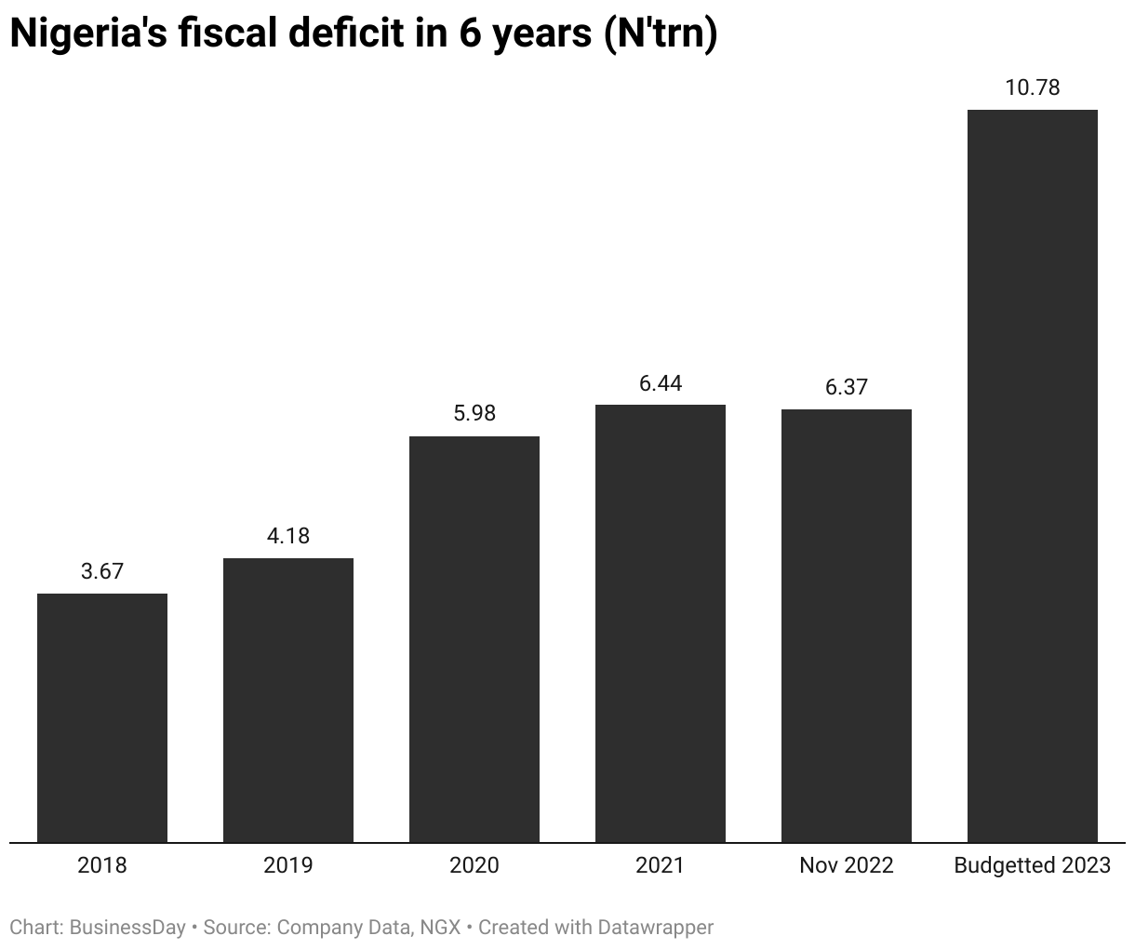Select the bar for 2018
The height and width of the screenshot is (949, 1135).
[102, 717]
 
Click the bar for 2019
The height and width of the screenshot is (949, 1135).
[288, 700]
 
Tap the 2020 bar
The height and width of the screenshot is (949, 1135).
[474, 639]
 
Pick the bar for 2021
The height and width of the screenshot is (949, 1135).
[661, 623]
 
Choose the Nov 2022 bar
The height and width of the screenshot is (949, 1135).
[847, 625]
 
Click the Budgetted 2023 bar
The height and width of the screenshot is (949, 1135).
[1033, 475]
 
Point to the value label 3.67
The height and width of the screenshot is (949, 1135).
[102, 571]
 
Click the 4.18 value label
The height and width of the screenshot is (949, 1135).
[288, 536]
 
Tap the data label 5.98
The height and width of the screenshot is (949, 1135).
[474, 413]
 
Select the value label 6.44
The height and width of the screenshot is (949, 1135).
[661, 382]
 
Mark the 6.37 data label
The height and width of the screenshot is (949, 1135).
[847, 387]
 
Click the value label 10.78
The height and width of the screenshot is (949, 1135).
[1033, 88]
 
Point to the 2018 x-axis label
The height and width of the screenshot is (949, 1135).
[102, 865]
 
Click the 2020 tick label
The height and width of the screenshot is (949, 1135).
[474, 865]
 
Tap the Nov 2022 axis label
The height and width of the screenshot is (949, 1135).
[847, 865]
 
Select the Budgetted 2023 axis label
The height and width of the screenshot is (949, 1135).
[1033, 865]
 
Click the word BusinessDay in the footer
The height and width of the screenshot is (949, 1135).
[127, 928]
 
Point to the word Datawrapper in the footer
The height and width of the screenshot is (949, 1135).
[655, 928]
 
